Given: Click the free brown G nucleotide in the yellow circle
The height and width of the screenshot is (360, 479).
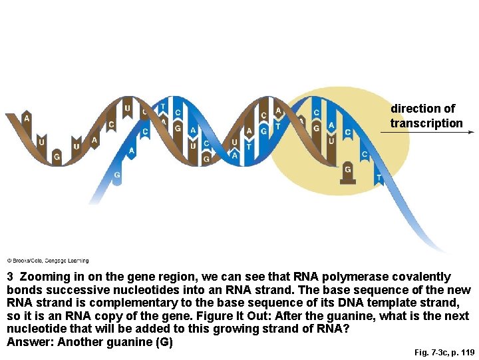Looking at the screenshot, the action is (x=347, y=173).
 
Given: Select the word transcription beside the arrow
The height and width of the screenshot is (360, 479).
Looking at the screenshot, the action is (x=426, y=123).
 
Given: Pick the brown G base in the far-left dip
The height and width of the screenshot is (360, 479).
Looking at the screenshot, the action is (x=57, y=157).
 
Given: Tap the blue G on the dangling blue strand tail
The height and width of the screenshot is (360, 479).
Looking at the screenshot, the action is (x=117, y=175).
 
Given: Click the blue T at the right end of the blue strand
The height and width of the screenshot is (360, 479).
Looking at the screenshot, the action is (x=379, y=178).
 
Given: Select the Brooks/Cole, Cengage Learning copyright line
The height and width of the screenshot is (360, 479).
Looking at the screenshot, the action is (x=47, y=261).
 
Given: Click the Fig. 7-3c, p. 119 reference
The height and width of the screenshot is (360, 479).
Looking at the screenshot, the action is (x=444, y=352).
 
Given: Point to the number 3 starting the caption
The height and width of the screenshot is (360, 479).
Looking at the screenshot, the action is (x=10, y=277).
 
